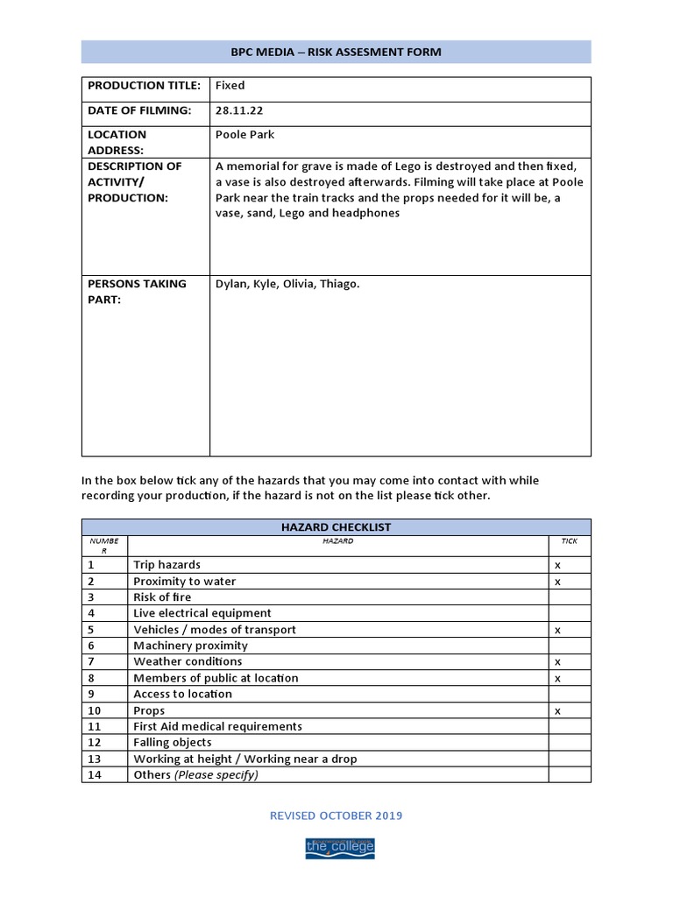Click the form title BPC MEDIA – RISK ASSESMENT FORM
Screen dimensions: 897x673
(x=336, y=52)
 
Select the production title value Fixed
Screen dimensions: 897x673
(x=230, y=86)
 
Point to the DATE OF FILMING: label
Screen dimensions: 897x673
(x=138, y=110)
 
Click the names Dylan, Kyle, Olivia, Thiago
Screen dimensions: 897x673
(x=287, y=284)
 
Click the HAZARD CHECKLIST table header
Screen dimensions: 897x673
(x=336, y=527)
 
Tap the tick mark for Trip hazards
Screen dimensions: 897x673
(x=558, y=566)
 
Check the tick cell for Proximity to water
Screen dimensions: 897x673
(x=558, y=582)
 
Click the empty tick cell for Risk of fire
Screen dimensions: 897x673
(x=570, y=597)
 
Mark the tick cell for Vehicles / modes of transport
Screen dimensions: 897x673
(x=558, y=630)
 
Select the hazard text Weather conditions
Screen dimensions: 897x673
(x=188, y=662)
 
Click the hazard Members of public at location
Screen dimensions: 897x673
(x=216, y=678)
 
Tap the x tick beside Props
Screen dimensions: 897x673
(x=558, y=711)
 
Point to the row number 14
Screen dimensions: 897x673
(x=95, y=775)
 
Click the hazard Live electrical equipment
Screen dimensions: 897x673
(x=202, y=613)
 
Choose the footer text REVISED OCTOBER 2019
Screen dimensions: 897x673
(x=336, y=816)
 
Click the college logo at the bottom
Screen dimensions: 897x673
(x=339, y=847)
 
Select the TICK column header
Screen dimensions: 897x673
(x=570, y=541)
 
